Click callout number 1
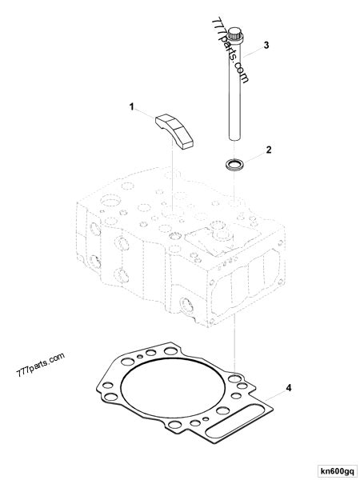coord(134,106)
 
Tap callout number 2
coord(270,150)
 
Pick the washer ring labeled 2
coord(235,166)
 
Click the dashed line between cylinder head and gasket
coord(233,336)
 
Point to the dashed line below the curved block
coord(174,176)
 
